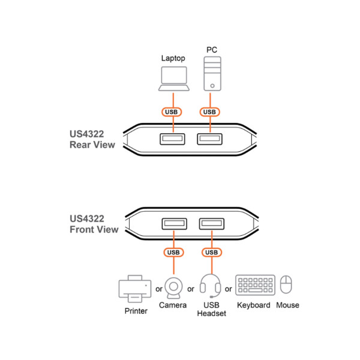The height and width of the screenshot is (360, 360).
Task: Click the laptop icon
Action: (x=174, y=79)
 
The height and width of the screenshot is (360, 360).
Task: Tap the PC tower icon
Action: (x=212, y=74)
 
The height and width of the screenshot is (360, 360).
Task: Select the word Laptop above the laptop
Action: (x=173, y=59)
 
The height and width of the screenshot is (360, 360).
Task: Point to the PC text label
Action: (x=212, y=50)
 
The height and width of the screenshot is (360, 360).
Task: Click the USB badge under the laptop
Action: (x=172, y=112)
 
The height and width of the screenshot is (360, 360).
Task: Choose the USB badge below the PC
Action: (x=209, y=112)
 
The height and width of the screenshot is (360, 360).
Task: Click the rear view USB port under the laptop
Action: (x=172, y=139)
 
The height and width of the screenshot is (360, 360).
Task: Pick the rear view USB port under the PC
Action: (x=209, y=139)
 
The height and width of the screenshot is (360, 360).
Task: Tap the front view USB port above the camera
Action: (x=175, y=224)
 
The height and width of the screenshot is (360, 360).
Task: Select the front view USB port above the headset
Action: (x=212, y=224)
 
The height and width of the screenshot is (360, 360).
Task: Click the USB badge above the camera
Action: (x=173, y=253)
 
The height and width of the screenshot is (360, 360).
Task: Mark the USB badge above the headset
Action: (x=211, y=253)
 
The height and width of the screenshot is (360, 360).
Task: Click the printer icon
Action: (x=135, y=289)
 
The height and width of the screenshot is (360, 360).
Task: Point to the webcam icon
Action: (x=173, y=288)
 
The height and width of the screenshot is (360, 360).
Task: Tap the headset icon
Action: (x=211, y=286)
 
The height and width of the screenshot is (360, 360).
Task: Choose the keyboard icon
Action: (x=256, y=285)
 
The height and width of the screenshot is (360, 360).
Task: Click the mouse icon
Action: (x=286, y=284)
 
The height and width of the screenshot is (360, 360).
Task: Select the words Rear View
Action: (x=92, y=145)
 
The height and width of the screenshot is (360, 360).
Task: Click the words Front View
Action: (x=94, y=230)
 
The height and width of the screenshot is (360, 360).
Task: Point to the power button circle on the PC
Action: (x=212, y=86)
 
